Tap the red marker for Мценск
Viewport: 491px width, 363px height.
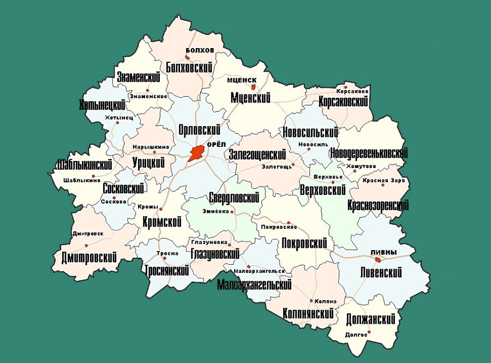[x=253, y=86]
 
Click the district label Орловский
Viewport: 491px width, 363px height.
[x=199, y=130]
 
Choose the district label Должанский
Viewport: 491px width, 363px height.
[x=370, y=319]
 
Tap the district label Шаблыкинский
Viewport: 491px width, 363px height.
[x=84, y=164]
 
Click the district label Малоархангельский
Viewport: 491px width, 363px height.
[x=254, y=284]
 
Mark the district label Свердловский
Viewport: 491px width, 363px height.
[x=233, y=198]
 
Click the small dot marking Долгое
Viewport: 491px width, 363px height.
[x=369, y=332]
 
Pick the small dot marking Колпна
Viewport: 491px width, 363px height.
[x=311, y=301]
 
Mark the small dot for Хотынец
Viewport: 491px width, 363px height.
[x=118, y=123]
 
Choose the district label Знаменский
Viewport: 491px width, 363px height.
[x=141, y=77]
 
